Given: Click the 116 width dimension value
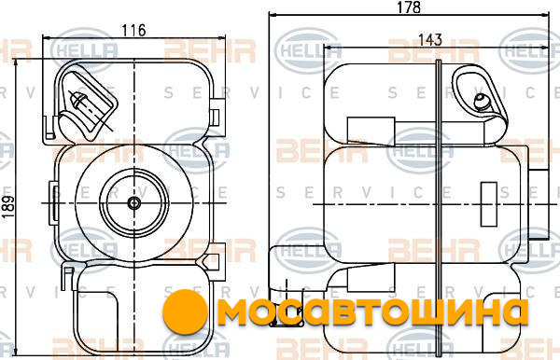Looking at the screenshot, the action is tap(133, 31).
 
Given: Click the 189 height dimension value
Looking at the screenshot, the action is tap(7, 207).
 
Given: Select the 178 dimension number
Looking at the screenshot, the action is tap(409, 7).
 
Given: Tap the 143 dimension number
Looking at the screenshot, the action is tap(430, 39).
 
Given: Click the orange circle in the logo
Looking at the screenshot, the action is tap(185, 312).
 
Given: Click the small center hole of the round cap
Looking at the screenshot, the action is tap(133, 203).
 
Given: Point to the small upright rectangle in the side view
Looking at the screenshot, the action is tap(488, 204).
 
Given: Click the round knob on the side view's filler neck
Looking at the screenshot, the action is tap(481, 102).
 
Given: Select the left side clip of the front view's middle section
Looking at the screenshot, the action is tap(53, 203).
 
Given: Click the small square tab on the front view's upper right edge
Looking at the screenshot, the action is tap(215, 118).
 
